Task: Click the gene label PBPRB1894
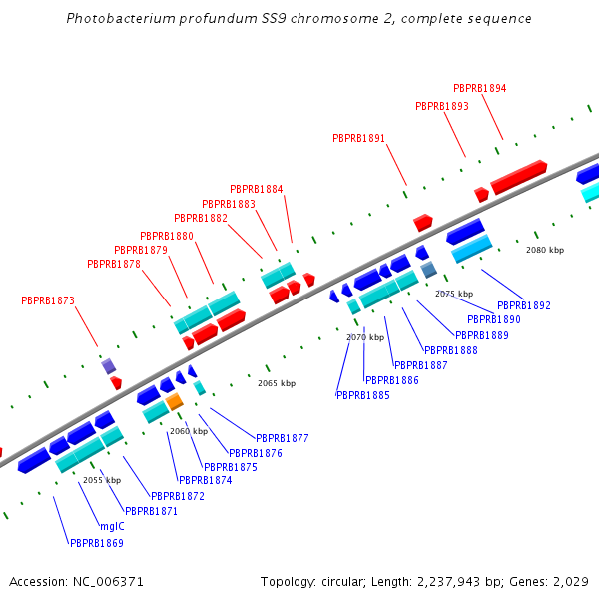[x=479, y=88]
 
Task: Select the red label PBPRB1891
[x=358, y=138]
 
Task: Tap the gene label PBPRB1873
[x=48, y=300]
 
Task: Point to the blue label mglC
[x=112, y=526]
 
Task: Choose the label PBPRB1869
[x=96, y=544]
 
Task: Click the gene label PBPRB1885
[x=362, y=395]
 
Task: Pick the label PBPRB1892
[x=523, y=305]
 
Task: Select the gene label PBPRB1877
[x=283, y=438]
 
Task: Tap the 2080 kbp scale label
[x=545, y=250]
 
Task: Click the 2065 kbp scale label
[x=277, y=383]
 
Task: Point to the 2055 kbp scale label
[x=102, y=480]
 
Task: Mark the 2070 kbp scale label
[x=365, y=337]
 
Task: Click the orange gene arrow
[x=175, y=401]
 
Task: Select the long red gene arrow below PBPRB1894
[x=518, y=177]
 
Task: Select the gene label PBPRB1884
[x=256, y=189]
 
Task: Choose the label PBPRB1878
[x=114, y=264]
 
